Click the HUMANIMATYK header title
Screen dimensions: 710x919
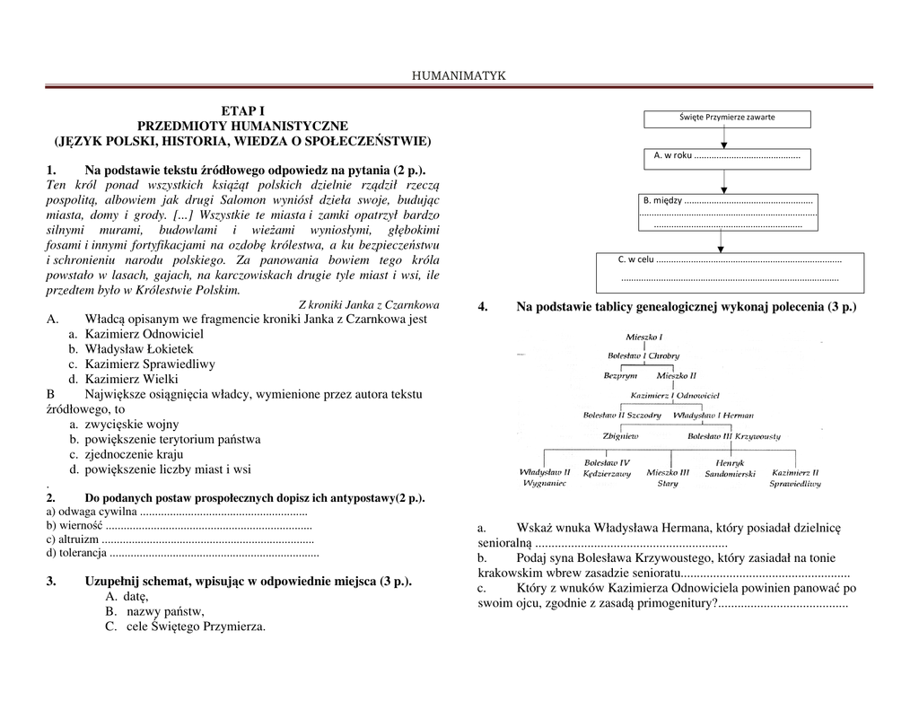[459, 75]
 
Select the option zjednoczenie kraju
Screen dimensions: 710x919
[134, 454]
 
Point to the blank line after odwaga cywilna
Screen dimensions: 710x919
[223, 512]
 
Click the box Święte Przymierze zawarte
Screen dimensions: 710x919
[727, 118]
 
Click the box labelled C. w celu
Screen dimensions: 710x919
[730, 271]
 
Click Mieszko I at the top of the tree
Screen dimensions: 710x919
[643, 337]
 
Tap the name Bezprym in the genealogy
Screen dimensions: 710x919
[620, 375]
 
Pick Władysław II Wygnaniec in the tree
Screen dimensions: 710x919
[545, 477]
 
